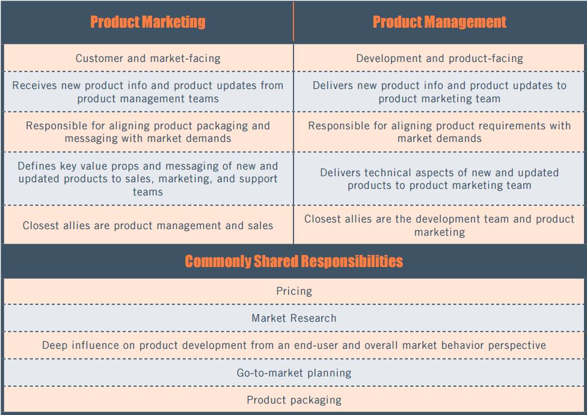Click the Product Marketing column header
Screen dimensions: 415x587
147,22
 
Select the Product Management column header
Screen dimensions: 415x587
439,22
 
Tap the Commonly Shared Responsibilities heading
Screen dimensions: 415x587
293,261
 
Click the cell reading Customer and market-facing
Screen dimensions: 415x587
148,58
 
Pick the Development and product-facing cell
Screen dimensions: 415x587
439,58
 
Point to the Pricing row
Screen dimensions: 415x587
293,291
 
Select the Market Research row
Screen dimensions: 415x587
293,318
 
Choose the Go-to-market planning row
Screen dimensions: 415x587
293,373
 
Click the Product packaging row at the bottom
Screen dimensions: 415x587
293,400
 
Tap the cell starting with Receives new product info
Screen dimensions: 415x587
148,92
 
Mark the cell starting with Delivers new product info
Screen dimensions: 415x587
439,92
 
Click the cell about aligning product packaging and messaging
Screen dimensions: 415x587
148,132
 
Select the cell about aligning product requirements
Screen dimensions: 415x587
439,132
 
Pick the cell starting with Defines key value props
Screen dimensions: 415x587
148,179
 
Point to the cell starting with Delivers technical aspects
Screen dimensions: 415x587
439,179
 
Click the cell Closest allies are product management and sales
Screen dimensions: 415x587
148,226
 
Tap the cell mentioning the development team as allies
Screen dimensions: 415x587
439,225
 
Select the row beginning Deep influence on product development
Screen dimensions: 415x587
293,345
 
